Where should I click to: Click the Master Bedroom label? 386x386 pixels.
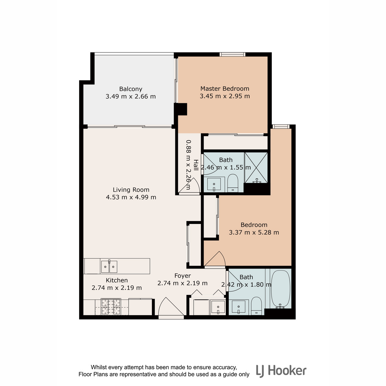click(x=225, y=88)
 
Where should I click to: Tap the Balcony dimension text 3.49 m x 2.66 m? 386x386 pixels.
click(x=131, y=96)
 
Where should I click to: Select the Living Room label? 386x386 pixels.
click(x=131, y=189)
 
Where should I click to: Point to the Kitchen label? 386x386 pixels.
click(x=117, y=280)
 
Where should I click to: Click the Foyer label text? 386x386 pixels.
click(x=182, y=276)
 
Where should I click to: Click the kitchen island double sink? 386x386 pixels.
click(x=109, y=266)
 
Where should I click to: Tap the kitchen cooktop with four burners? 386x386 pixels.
click(x=111, y=307)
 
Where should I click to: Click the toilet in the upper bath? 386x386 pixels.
click(x=233, y=183)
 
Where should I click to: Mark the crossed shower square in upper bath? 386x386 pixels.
click(x=256, y=168)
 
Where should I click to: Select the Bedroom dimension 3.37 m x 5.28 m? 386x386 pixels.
click(x=254, y=232)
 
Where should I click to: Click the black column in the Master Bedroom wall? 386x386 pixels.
click(x=180, y=109)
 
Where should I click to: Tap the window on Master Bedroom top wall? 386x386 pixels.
click(x=232, y=54)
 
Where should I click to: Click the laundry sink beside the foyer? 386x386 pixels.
click(x=218, y=307)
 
